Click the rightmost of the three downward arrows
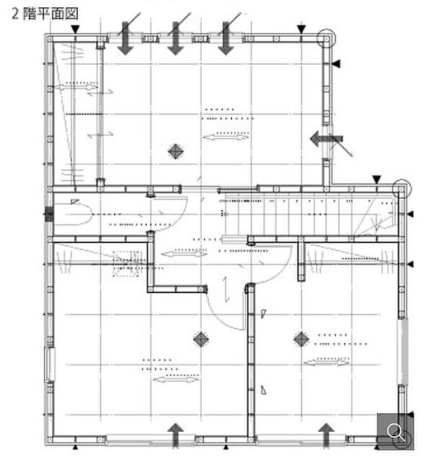coord(226,39)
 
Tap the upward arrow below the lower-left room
coord(175,434)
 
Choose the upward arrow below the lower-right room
coord(327,434)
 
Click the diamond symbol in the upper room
coord(175,151)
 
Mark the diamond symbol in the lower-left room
coord(200,338)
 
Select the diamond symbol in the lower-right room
coord(301,338)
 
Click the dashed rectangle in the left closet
coord(126,263)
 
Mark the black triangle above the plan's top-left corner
coord(76,28)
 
